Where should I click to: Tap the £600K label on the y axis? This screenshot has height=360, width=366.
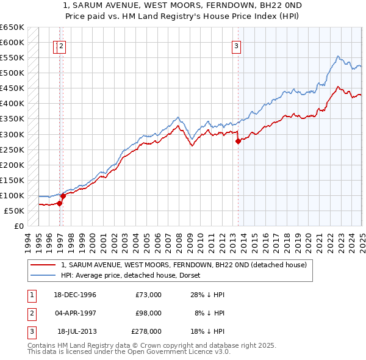pyautogui.click(x=12, y=42)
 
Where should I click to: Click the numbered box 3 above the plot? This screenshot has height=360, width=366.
pyautogui.click(x=236, y=45)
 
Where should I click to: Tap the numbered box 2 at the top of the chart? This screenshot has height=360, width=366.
pyautogui.click(x=63, y=45)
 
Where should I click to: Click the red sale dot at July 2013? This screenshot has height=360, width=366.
pyautogui.click(x=238, y=141)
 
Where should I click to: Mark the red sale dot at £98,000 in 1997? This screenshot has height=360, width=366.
pyautogui.click(x=63, y=196)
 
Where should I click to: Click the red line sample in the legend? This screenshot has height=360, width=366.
pyautogui.click(x=43, y=265)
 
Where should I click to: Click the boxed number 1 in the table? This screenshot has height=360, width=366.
pyautogui.click(x=31, y=295)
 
